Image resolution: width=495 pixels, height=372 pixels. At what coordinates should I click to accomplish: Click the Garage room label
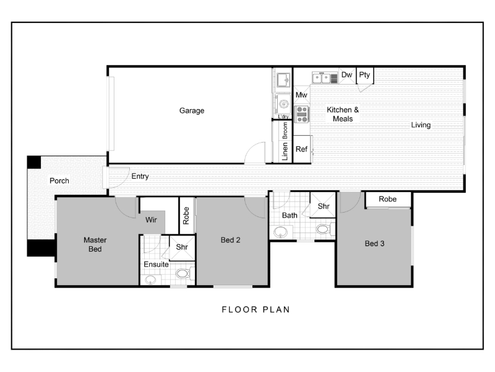point(192,111)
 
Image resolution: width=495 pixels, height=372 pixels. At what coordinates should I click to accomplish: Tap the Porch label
point(59,180)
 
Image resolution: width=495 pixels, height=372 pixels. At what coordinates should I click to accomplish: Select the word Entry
point(140,177)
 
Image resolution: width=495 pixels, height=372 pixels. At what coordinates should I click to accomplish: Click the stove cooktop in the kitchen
point(302,114)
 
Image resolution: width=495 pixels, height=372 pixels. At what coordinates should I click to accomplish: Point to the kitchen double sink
point(321,78)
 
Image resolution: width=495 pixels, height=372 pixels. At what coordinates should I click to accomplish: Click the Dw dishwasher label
point(346,74)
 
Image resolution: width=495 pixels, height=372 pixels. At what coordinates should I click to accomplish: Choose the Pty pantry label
point(364,75)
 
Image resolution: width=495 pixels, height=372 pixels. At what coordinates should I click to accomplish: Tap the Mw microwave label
point(301,95)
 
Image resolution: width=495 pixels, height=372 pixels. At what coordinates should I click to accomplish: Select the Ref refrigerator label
point(301,149)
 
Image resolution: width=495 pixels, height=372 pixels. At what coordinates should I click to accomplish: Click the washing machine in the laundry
point(283,104)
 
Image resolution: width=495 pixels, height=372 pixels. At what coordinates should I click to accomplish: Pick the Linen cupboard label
point(285,151)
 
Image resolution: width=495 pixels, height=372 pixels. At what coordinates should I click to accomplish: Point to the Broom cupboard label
point(285,130)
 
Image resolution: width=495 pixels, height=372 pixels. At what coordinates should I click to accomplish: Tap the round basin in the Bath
point(280,232)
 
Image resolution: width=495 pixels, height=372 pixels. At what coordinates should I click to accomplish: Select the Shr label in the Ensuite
point(182,247)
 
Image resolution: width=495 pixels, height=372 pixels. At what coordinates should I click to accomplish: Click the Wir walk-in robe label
point(151,220)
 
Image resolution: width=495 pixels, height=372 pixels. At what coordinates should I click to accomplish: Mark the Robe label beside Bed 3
point(388,199)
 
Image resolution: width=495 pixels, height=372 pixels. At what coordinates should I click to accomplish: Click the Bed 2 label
point(230,240)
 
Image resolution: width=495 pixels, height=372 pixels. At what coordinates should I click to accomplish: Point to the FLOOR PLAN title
point(256,309)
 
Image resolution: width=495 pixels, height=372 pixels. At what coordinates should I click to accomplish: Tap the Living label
point(421,125)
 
